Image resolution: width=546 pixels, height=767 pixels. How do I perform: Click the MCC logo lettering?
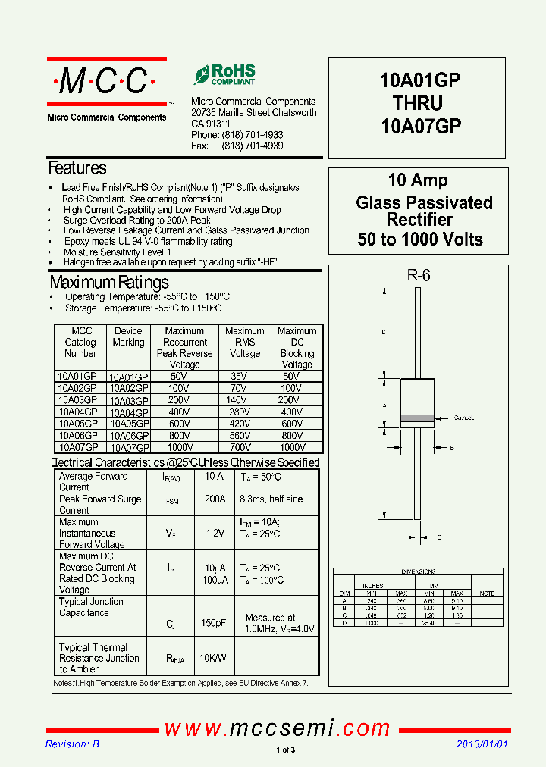(x=106, y=81)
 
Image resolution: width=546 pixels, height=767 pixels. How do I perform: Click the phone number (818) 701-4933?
(x=253, y=135)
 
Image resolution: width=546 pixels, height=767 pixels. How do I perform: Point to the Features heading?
(x=77, y=168)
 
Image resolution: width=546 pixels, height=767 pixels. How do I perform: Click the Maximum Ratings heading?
(x=109, y=283)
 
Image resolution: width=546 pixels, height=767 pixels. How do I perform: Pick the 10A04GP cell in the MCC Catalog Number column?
(x=77, y=412)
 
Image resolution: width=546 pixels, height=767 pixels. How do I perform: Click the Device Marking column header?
(x=128, y=337)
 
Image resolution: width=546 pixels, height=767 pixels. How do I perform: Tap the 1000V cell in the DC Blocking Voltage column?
(x=292, y=447)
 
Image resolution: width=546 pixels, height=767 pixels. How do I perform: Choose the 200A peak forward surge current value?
(x=215, y=499)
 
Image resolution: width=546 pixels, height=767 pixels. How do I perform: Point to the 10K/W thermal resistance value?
(x=212, y=658)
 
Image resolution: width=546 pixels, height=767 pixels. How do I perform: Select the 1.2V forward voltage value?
(x=215, y=533)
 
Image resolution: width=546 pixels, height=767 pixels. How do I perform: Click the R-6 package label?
(x=418, y=276)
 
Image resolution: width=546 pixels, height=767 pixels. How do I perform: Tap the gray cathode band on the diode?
(x=416, y=418)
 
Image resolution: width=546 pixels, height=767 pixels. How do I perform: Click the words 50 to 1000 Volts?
(x=420, y=239)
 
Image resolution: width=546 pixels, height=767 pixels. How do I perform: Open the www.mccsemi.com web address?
(x=278, y=729)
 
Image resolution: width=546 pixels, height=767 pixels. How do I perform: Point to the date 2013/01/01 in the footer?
(x=482, y=744)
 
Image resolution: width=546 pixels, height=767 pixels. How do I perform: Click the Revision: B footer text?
(x=72, y=744)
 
